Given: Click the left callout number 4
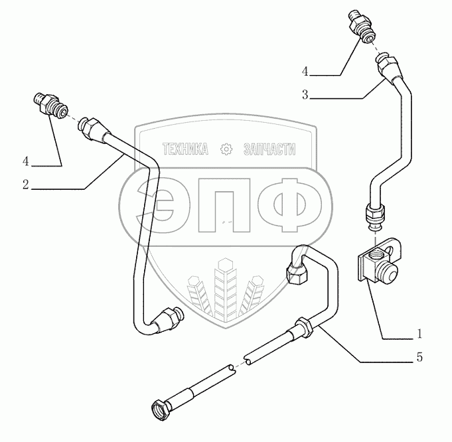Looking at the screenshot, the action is (x=25, y=161).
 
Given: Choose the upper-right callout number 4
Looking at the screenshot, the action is (x=305, y=70).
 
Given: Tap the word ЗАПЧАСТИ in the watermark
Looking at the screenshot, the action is (x=271, y=149).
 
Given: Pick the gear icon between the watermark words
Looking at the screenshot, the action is (x=226, y=149).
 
